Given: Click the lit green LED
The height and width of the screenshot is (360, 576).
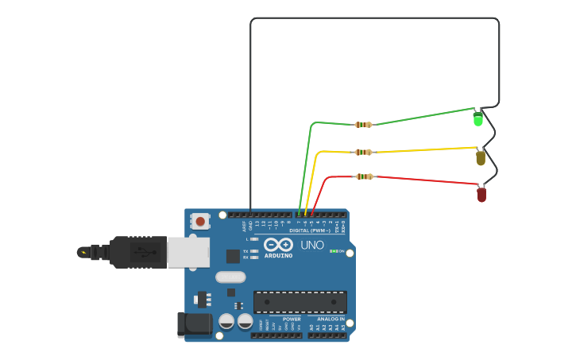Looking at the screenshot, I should coord(477,119).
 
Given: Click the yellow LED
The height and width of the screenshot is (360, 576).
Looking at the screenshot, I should coord(481,157).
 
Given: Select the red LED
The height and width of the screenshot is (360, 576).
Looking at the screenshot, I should coord(481,194).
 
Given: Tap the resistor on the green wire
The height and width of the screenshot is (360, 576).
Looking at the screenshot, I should coord(363,125).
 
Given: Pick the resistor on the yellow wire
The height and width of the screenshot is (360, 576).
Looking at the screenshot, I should coord(363,152).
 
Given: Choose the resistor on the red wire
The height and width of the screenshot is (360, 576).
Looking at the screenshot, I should coord(364,176).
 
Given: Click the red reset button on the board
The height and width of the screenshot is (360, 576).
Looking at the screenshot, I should coord(200,221).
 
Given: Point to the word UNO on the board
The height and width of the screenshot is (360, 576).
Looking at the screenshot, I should coord(312,245).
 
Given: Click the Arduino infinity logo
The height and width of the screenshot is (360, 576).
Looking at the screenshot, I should coord(278,244).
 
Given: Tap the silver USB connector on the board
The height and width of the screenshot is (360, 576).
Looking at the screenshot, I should coord(188,252).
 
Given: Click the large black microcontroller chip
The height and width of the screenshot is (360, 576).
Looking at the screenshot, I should coord(300,302).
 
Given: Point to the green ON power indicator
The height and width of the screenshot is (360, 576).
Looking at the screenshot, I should coord(334,251).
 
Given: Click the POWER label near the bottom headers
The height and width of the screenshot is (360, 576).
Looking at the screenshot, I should coord(292,319).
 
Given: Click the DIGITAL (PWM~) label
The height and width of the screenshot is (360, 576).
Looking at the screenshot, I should coord(314,230).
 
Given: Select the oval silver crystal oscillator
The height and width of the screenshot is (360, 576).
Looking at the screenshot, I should coord(230,277).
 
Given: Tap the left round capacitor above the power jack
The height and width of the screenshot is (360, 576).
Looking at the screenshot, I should coord(226,321).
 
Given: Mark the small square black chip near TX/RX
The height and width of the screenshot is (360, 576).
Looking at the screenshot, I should coord(233,256).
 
